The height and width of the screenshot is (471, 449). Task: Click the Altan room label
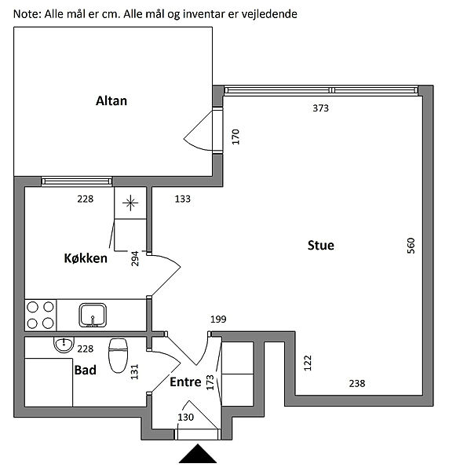click(x=111, y=101)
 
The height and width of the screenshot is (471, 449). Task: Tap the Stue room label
click(x=321, y=246)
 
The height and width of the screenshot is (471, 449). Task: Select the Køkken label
click(x=86, y=258)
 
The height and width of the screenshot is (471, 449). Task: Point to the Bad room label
click(x=86, y=370)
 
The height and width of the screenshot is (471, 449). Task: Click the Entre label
click(x=185, y=382)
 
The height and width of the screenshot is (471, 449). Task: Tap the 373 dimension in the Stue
click(x=321, y=108)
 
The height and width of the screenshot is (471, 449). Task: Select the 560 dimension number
click(x=411, y=246)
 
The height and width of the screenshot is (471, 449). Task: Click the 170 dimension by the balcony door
click(x=235, y=137)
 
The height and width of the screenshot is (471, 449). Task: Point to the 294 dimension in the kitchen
click(x=135, y=258)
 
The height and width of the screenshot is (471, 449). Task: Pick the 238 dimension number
click(x=357, y=384)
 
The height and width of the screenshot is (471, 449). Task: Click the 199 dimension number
click(x=218, y=319)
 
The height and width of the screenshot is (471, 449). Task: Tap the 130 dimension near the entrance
click(x=185, y=418)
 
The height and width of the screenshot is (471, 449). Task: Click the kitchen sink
click(x=93, y=315)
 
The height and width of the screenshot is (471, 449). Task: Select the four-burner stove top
click(x=40, y=315)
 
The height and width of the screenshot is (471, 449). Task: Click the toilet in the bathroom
click(x=118, y=356)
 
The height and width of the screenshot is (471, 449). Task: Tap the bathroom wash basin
click(x=64, y=345)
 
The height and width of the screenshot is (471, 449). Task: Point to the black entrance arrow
click(x=198, y=454)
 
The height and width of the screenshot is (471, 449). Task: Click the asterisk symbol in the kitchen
click(x=130, y=203)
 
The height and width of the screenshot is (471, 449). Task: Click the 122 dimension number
click(x=308, y=363)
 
